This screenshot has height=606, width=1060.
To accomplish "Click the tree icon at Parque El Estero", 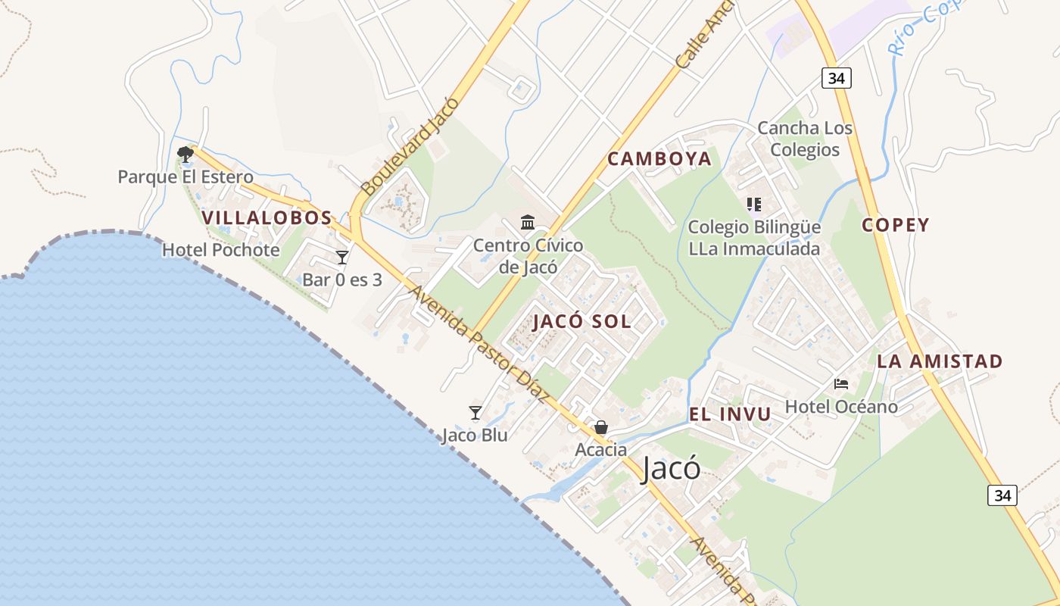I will tap(185, 155).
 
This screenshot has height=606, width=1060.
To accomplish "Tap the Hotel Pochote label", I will tap(221, 250).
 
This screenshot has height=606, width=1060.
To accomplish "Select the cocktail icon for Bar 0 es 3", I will tap(342, 258).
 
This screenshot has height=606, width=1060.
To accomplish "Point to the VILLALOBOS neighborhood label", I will tap(267, 218).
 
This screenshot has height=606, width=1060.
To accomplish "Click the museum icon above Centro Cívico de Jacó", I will tap(528, 222).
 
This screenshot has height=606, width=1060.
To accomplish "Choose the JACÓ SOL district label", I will tap(581, 321).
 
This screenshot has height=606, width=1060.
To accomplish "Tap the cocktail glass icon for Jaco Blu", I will tap(475, 413).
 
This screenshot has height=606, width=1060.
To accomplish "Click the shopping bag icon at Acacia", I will tap(601, 428).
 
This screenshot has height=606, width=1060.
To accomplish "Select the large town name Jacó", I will tap(671, 469).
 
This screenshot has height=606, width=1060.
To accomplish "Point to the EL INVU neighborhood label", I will tap(730, 414).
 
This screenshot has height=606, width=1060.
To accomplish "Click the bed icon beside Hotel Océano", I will tap(841, 384).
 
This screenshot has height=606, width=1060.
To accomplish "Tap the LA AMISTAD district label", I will tap(940, 361).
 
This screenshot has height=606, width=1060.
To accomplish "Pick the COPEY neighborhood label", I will tap(895, 225).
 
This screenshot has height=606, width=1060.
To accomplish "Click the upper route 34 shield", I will tap(837, 77).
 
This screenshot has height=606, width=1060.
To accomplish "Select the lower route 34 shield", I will tap(1002, 495).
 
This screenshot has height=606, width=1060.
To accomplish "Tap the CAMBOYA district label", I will tap(659, 159).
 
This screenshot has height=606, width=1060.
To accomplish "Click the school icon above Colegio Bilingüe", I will tap(753, 205).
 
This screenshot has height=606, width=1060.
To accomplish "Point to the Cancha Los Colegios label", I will tap(805, 139).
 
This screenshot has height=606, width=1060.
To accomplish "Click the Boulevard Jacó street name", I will tap(410, 146).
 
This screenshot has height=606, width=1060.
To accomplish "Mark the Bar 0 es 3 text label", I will tap(342, 280).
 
